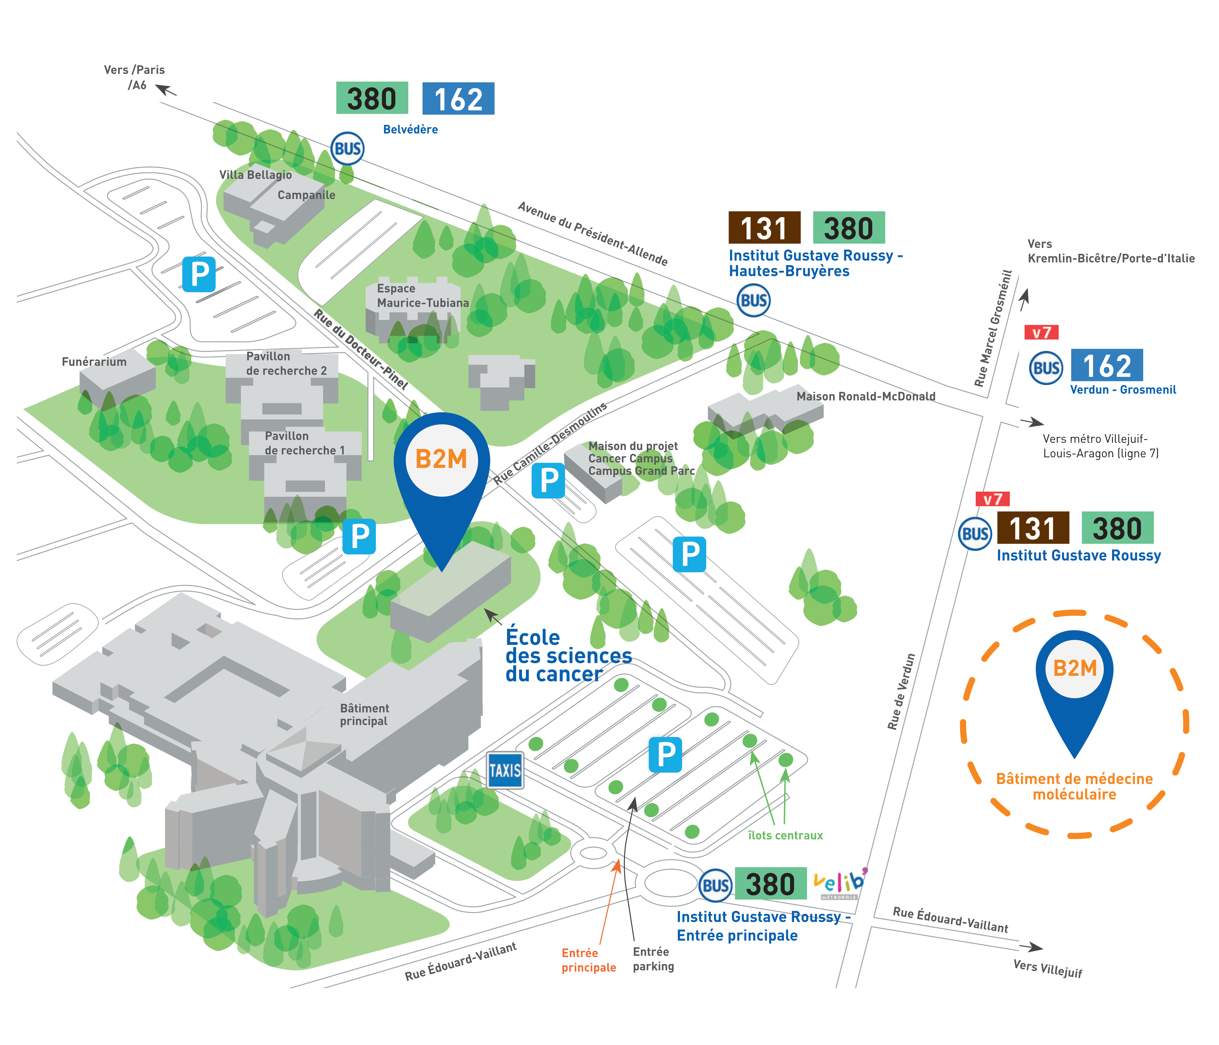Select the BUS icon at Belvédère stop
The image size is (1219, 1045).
point(347,149)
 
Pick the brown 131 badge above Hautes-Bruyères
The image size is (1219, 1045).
point(764,228)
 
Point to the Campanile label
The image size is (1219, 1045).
point(307,195)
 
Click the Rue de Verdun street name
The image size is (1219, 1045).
point(901,691)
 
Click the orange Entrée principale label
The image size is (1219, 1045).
point(588,960)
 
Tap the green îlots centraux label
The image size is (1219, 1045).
point(785,835)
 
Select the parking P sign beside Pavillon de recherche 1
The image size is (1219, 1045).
point(359,537)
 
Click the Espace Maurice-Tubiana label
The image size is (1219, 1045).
point(422,295)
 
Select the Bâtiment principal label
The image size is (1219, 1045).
point(364,714)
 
